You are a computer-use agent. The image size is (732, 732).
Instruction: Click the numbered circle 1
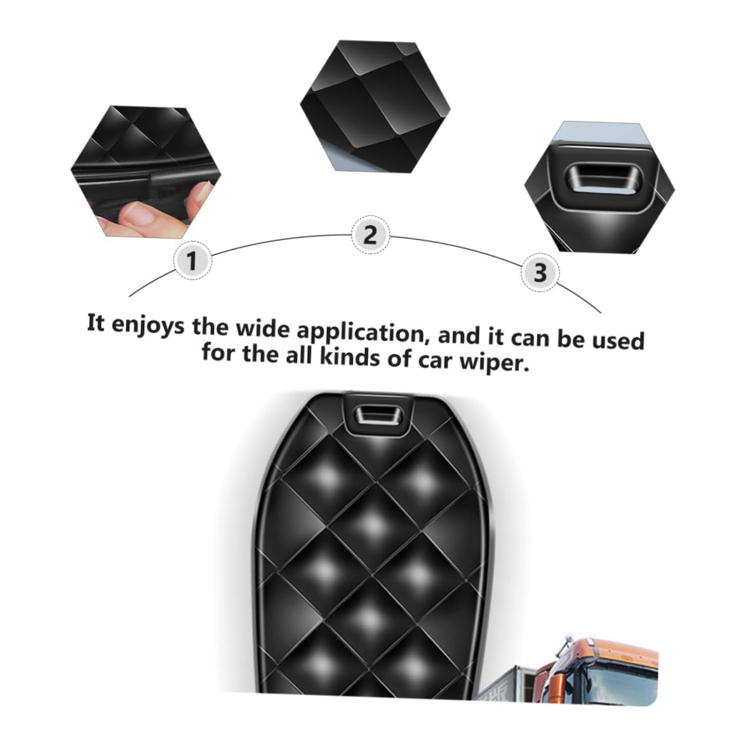pos(191,259)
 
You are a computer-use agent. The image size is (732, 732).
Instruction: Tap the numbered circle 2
pos(370,235)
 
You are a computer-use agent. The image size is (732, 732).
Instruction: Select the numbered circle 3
pos(540,272)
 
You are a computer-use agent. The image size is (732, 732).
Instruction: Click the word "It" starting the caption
pos(95,323)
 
